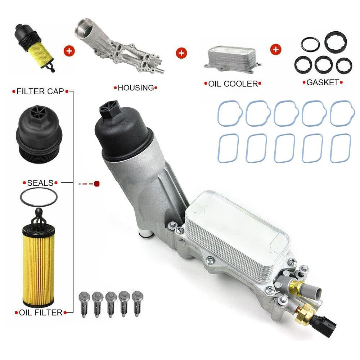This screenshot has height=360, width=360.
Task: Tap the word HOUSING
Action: (136, 87)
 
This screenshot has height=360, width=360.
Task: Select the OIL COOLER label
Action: (233, 84)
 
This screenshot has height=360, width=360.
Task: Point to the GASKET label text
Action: (323, 82)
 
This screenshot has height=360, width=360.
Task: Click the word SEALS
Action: (40, 183)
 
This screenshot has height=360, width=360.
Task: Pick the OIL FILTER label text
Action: (39, 312)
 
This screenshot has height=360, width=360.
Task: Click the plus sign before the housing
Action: (68, 50)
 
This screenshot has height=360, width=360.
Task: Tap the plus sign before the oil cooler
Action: (181, 53)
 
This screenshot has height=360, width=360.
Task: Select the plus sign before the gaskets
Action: (276, 49)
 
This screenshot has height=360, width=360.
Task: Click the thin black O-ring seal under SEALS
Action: (39, 198)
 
